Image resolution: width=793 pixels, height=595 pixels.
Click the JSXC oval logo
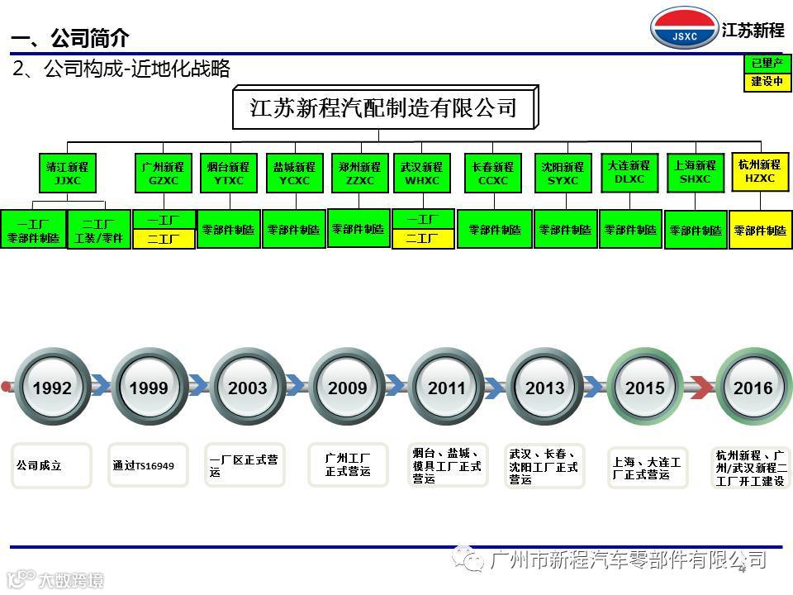coord(684,29)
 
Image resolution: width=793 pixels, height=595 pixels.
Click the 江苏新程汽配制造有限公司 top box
coord(384,107)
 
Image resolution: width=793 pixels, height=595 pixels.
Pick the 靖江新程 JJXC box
coord(68,173)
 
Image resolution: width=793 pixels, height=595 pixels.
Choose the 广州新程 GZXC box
coord(164,173)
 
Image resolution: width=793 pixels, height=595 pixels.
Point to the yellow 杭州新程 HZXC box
coord(760,172)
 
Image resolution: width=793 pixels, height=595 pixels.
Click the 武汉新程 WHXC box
coord(423,173)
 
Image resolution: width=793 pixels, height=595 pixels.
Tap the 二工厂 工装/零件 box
coord(98,230)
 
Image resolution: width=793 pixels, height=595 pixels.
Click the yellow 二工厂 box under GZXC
coord(164,240)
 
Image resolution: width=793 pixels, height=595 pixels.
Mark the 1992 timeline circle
coord(51,388)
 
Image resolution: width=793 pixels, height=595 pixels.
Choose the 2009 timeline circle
coord(348,388)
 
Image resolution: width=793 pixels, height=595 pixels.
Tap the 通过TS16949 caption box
coord(149,465)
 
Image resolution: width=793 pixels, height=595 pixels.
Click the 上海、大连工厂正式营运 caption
coord(648,468)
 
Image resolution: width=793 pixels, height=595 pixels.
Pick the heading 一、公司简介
coord(70,38)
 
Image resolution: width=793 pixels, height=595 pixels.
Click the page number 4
coord(741,569)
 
